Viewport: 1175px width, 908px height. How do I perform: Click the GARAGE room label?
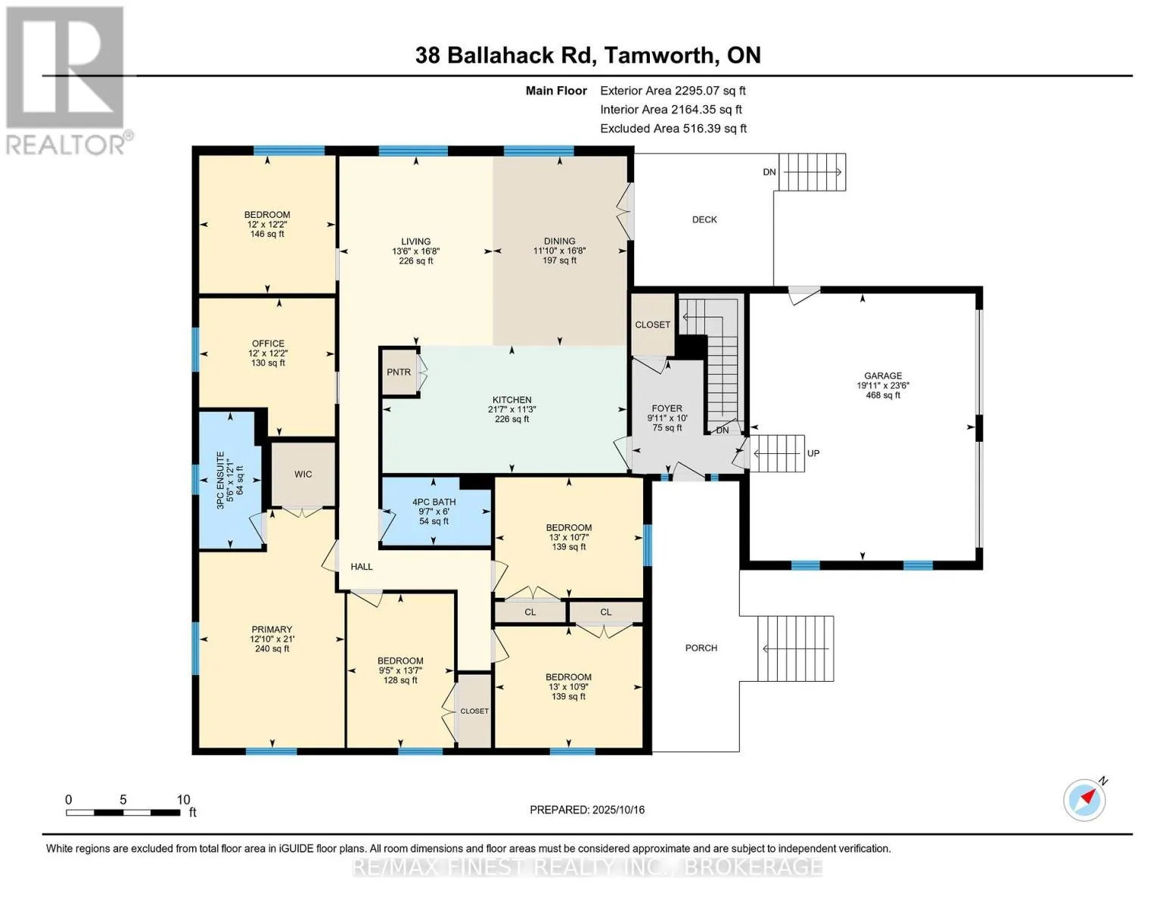883,375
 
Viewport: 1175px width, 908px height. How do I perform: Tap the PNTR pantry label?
399,372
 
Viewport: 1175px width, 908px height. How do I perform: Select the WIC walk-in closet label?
303,474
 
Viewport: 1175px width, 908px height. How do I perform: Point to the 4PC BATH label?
434,502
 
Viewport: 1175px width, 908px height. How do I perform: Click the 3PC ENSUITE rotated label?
221,480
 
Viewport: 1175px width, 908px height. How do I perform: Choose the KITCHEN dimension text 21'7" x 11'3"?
512,409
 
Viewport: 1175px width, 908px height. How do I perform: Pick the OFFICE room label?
268,344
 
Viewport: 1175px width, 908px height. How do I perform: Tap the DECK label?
704,219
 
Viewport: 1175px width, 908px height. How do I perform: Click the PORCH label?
701,648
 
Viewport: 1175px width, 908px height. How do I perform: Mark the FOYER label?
667,409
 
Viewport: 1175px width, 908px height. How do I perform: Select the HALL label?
362,566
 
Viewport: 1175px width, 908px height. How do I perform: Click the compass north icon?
1085,799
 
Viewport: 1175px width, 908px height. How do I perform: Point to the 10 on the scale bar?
183,800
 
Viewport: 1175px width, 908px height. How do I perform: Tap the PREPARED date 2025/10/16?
617,810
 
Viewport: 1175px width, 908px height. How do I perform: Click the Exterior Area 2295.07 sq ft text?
673,90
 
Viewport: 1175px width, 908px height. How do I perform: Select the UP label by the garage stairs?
813,453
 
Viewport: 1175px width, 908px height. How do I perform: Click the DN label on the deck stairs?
769,172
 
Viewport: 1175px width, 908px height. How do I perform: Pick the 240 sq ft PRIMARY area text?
272,648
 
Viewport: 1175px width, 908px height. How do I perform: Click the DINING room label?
559,241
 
